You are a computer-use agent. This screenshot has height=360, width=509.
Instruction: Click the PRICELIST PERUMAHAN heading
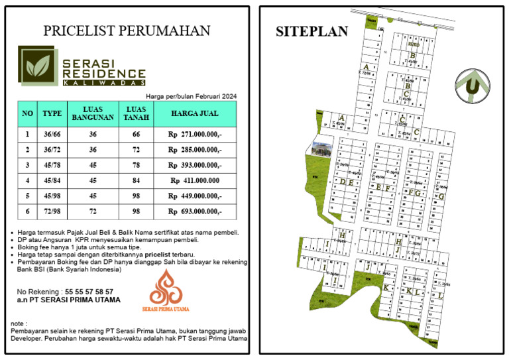127,30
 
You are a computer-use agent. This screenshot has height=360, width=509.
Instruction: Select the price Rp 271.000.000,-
195,135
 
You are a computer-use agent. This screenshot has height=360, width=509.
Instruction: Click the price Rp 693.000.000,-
195,211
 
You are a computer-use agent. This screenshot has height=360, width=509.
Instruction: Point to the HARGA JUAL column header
195,113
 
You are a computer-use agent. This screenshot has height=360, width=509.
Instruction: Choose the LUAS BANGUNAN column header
93,113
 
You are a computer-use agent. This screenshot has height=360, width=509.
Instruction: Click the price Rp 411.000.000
195,180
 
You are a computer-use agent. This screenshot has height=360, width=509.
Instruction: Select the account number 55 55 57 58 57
88,291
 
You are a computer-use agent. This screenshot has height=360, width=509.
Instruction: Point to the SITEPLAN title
311,31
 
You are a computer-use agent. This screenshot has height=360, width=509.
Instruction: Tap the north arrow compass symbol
472,86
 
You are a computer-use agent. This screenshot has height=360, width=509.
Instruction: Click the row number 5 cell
27,196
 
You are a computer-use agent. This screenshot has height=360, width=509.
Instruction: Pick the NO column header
27,113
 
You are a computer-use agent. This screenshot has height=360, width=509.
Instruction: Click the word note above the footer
19,323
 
